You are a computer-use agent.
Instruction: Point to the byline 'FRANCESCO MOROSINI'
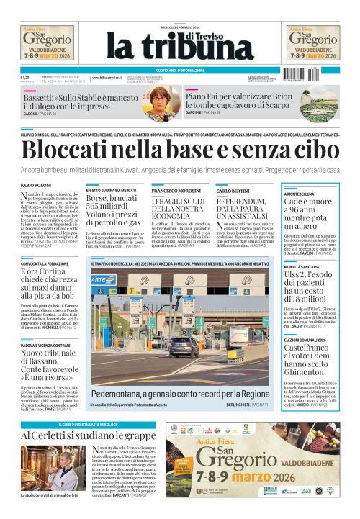[x=176, y=191]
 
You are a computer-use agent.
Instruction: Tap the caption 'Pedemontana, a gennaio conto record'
[x=180, y=394]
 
